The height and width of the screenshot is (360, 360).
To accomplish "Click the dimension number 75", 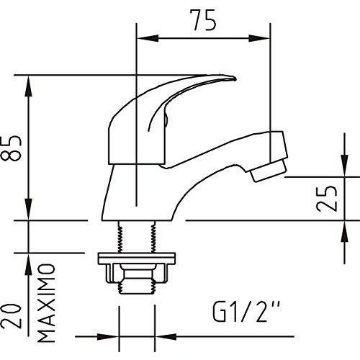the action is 203,20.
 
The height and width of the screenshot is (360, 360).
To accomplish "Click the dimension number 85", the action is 12,148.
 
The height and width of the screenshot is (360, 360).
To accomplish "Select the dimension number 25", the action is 326,198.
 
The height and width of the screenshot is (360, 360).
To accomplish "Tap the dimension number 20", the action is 12,316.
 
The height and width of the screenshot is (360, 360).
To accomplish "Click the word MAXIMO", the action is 46,303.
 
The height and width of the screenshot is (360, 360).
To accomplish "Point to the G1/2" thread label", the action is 246,311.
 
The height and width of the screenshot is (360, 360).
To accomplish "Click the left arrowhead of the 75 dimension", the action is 148,38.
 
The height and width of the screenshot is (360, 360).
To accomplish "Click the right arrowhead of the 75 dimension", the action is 259,38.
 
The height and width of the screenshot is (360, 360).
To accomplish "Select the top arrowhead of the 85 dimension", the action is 29,86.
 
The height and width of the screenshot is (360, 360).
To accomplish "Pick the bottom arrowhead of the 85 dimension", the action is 29,209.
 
